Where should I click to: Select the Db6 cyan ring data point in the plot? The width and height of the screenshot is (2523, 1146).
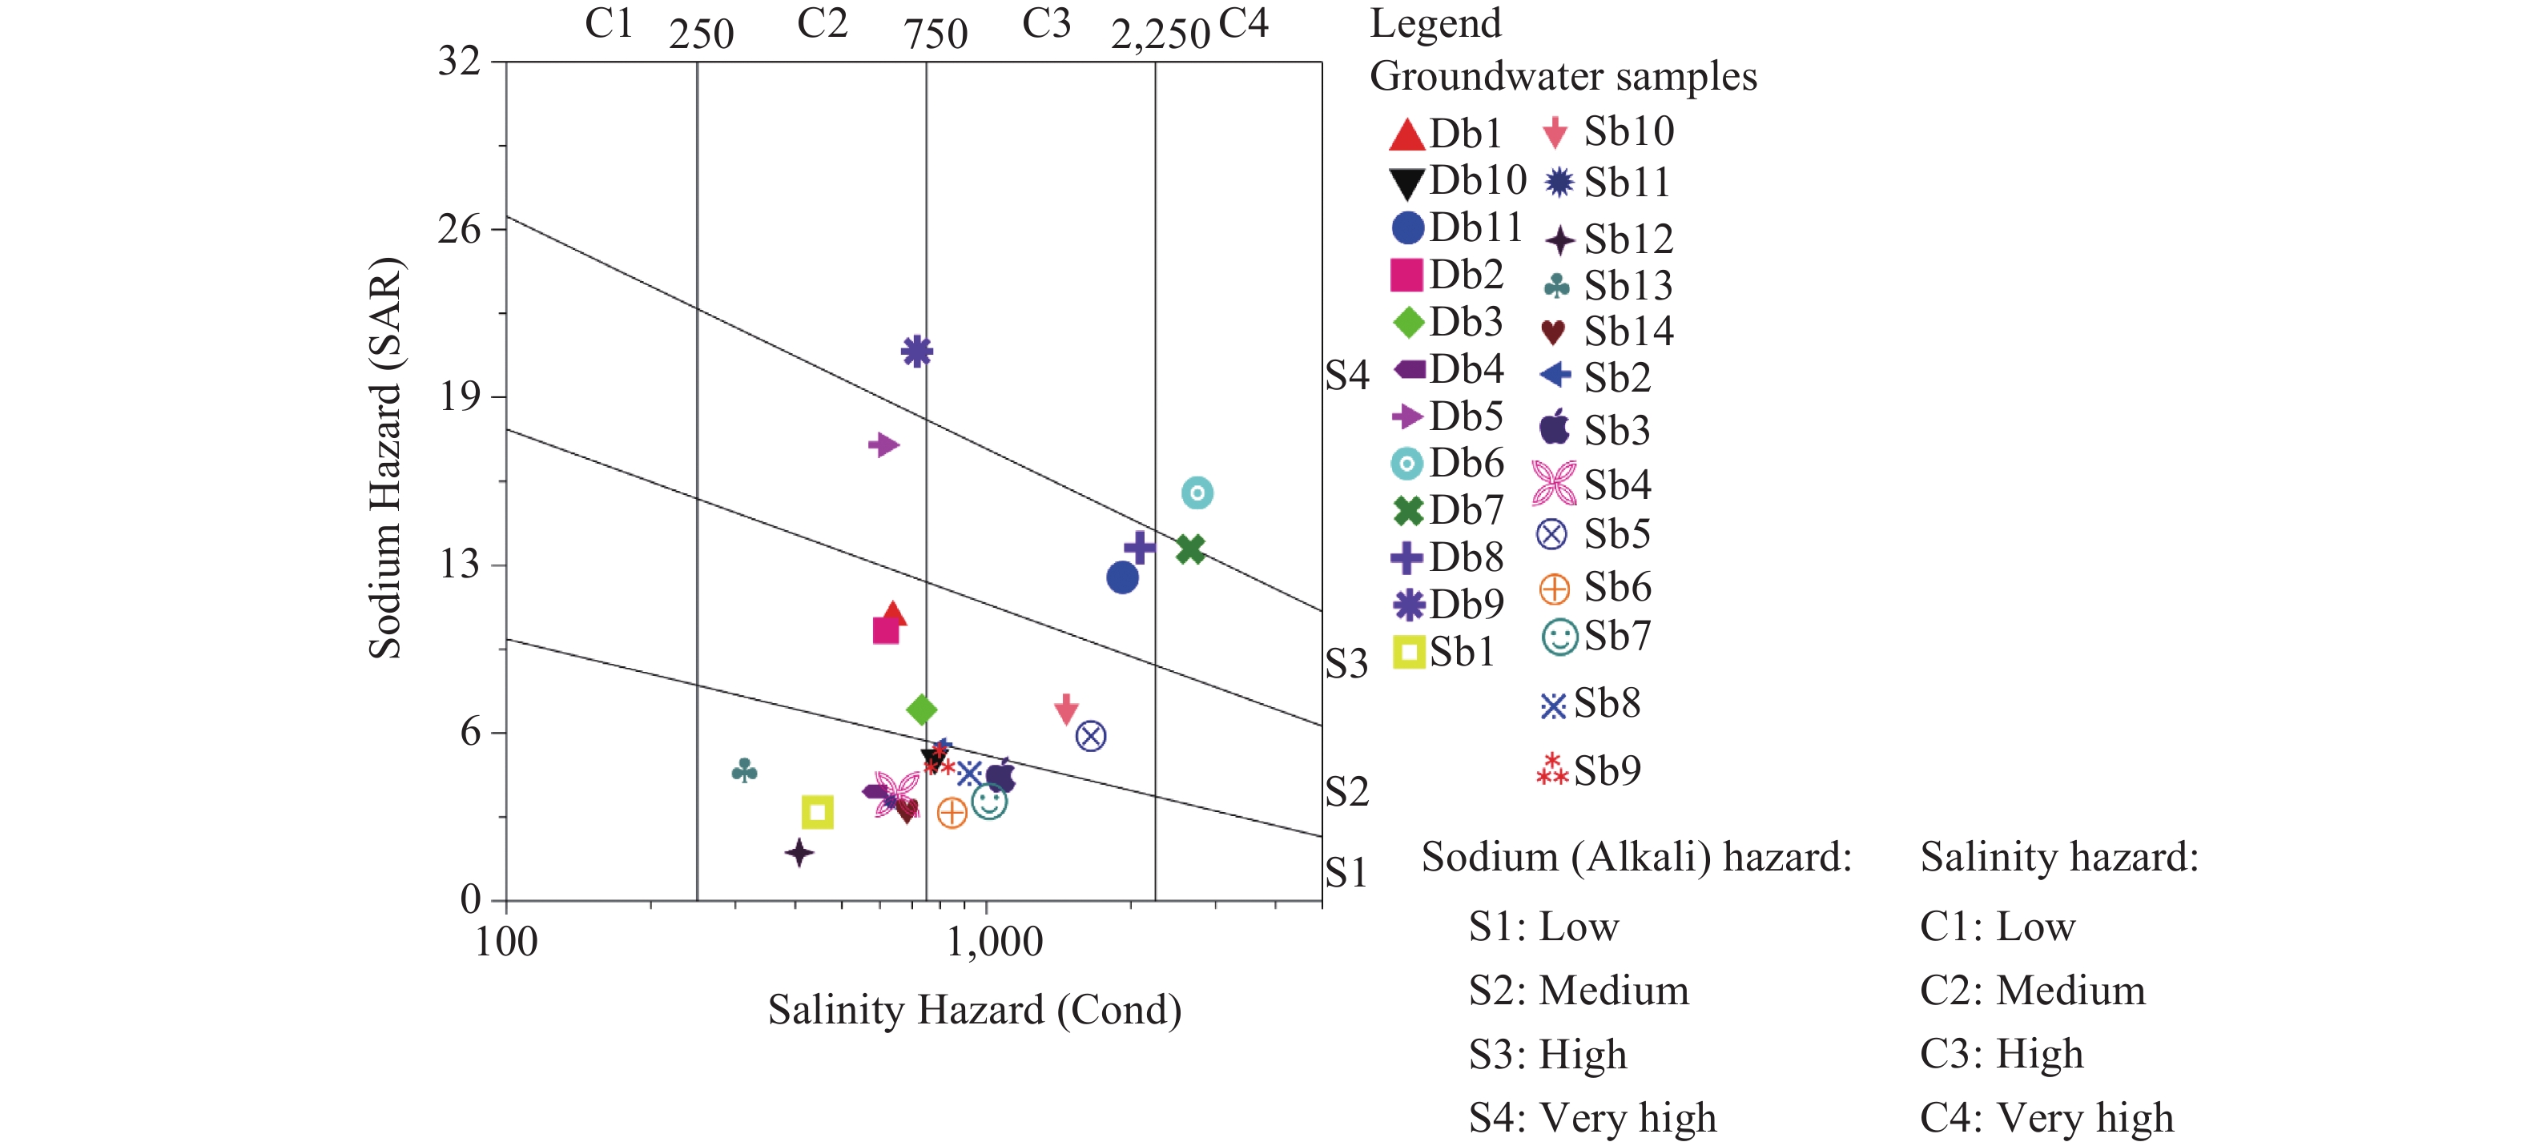point(1197,493)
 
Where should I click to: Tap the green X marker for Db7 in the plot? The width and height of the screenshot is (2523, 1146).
point(1190,549)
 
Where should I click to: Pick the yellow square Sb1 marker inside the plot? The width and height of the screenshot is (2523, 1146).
point(817,812)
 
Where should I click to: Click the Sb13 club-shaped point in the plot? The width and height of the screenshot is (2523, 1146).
point(744,771)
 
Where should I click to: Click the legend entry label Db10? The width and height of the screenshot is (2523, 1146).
point(1478,180)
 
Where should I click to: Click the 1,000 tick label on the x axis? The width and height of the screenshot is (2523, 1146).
point(994,943)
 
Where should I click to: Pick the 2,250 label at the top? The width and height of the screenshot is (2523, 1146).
point(1161,35)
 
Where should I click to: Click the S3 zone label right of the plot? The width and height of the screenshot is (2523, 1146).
point(1346,664)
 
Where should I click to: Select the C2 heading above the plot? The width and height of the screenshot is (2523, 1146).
point(822,23)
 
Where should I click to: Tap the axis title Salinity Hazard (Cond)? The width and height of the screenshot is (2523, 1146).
point(975,1010)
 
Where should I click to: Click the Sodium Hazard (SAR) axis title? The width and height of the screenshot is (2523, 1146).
point(385,458)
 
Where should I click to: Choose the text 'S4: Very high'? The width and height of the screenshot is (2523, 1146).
point(1591,1118)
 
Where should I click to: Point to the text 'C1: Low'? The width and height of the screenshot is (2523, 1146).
point(1997,927)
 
